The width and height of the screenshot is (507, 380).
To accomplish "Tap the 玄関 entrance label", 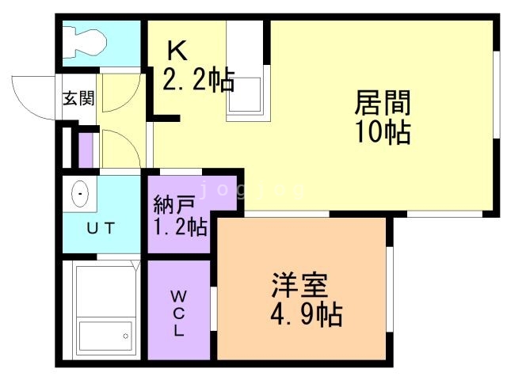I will pyautogui.click(x=79, y=99).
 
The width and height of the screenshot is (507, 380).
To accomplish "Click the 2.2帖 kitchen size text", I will pyautogui.click(x=198, y=80).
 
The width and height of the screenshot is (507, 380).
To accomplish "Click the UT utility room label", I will pyautogui.click(x=100, y=228).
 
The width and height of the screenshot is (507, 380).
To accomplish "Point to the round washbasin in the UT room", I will pyautogui.click(x=79, y=193).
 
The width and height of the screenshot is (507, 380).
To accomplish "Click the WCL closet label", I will pyautogui.click(x=178, y=313).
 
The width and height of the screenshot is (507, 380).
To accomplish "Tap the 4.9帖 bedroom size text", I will pyautogui.click(x=306, y=315).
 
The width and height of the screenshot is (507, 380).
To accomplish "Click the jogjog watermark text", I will pyautogui.click(x=250, y=190).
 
